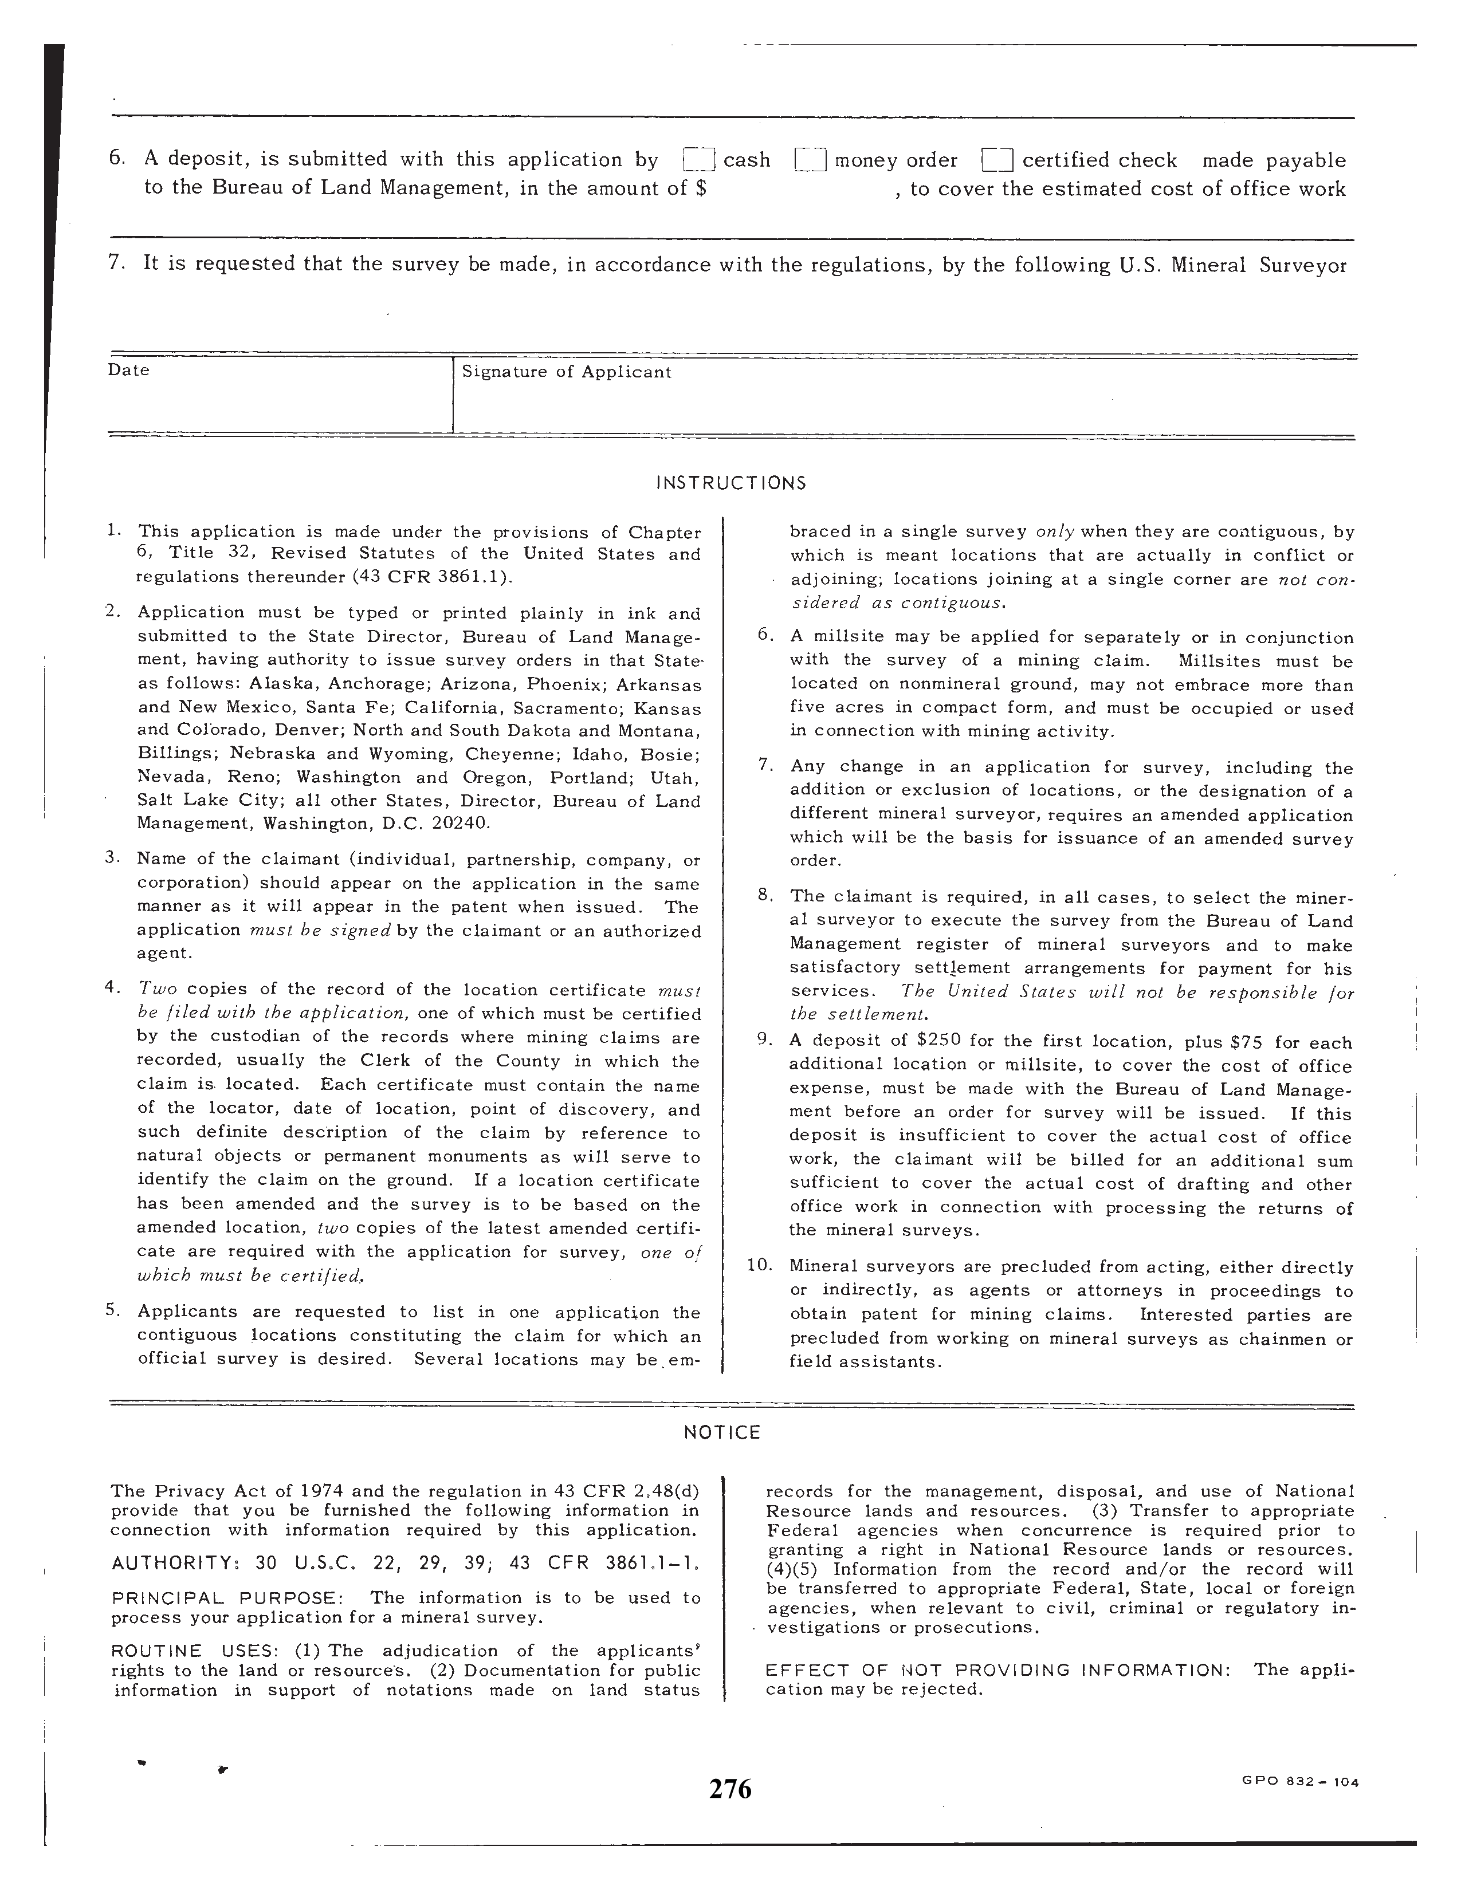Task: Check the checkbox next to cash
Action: [x=698, y=160]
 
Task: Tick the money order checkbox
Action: [x=811, y=160]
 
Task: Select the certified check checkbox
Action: [x=997, y=160]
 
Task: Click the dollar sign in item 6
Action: [x=700, y=188]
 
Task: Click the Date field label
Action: [x=128, y=371]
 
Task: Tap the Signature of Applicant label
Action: [x=566, y=372]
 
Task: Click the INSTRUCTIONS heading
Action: [x=732, y=483]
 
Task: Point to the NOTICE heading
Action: [x=722, y=1432]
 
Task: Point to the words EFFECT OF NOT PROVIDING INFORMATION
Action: [x=997, y=1670]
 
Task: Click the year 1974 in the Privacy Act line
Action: [x=321, y=1491]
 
